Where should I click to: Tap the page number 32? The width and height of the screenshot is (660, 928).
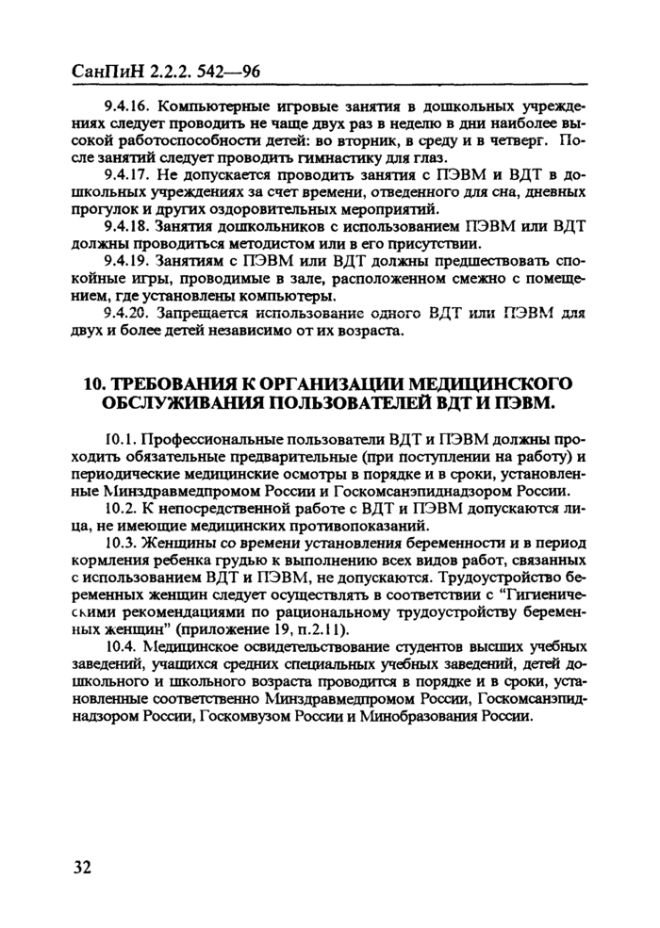tap(81, 868)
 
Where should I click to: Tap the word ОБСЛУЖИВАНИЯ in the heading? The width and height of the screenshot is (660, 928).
tap(191, 403)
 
